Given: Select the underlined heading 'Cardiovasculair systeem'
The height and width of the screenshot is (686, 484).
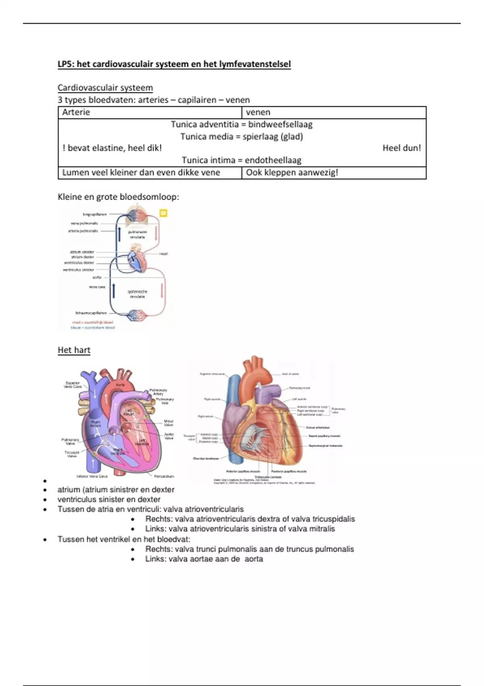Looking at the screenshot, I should [105, 88].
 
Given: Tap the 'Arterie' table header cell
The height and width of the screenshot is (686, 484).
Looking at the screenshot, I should [76, 112].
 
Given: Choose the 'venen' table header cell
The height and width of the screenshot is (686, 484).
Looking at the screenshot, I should [258, 112].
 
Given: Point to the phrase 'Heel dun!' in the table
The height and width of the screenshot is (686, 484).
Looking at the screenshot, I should [401, 148].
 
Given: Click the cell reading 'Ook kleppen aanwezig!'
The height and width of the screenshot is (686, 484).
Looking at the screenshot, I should [292, 173].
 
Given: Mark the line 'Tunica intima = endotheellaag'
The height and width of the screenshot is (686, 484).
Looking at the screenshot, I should [242, 160].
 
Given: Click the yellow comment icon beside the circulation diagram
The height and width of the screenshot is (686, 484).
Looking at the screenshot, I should [163, 213].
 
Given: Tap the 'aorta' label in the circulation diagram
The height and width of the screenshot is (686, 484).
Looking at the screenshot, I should [97, 278].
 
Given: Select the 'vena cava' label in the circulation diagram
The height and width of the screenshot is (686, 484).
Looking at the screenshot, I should [97, 287].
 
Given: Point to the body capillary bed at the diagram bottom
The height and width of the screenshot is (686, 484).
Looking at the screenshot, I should [137, 315].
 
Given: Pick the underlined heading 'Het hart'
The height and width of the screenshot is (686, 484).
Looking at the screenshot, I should [74, 350].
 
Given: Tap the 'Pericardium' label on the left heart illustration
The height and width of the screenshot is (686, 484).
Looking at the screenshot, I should [164, 476].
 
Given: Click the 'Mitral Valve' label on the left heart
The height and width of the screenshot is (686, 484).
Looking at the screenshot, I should [169, 423].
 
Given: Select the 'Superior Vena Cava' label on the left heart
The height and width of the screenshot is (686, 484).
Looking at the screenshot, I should [73, 385].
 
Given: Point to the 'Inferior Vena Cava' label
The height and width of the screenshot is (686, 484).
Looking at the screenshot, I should [92, 476].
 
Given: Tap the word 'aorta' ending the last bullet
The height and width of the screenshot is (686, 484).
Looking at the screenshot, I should [254, 559].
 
